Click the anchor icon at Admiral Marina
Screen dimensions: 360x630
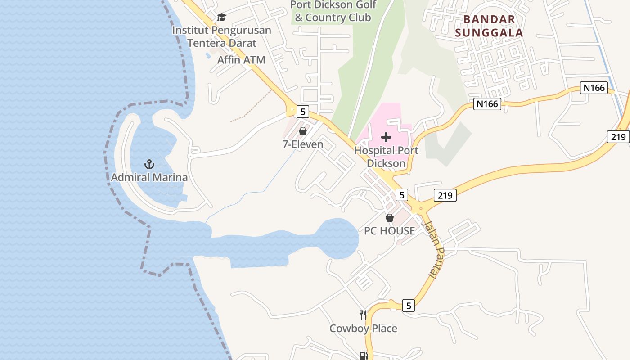(149, 164)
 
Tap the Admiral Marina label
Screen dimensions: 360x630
(149, 177)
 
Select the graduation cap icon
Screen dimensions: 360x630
(221, 18)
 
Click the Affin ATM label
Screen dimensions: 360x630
(241, 60)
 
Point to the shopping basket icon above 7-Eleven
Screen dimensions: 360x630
(303, 131)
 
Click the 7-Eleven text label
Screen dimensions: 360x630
(303, 144)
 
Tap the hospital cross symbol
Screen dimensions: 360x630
(386, 137)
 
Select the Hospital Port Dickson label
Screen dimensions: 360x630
(386, 157)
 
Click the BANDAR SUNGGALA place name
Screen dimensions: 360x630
(489, 26)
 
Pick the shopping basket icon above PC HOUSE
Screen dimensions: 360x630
(390, 218)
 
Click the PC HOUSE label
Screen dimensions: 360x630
(390, 231)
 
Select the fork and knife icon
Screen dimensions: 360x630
(363, 315)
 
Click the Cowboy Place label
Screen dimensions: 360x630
(364, 328)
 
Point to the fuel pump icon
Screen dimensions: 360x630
(363, 356)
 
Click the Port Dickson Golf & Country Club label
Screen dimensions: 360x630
(333, 12)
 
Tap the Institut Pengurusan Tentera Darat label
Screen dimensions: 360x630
(222, 37)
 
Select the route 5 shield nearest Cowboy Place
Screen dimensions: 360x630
(408, 306)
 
